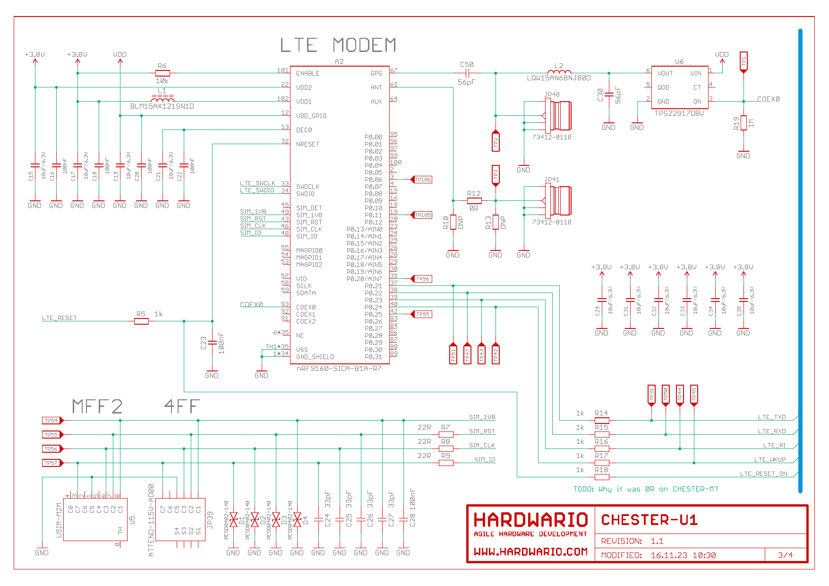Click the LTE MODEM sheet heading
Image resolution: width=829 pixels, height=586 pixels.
338,45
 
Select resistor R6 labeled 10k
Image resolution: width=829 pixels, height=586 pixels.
162,73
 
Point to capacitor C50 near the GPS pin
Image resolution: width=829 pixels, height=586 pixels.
467,73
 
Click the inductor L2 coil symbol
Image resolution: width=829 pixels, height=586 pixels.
559,72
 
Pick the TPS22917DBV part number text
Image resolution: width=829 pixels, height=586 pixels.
679,113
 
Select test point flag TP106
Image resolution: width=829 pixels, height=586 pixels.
422,180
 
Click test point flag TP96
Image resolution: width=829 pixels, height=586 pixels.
422,279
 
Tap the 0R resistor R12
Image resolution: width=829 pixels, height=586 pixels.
474,201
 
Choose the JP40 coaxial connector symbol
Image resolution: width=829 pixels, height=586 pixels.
557,116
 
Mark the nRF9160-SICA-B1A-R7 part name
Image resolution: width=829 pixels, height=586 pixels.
339,369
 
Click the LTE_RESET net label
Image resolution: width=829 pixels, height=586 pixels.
59,318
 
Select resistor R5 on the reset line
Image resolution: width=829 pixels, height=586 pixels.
141,321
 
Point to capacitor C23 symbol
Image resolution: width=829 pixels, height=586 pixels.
212,342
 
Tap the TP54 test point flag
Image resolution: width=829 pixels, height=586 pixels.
52,421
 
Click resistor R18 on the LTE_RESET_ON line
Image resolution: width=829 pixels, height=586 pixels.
601,477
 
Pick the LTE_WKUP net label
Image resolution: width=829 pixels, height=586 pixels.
769,459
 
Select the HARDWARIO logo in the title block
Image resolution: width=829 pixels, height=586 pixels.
530,520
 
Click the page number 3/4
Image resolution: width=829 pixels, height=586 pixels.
785,555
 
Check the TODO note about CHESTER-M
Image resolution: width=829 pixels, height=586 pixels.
645,489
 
